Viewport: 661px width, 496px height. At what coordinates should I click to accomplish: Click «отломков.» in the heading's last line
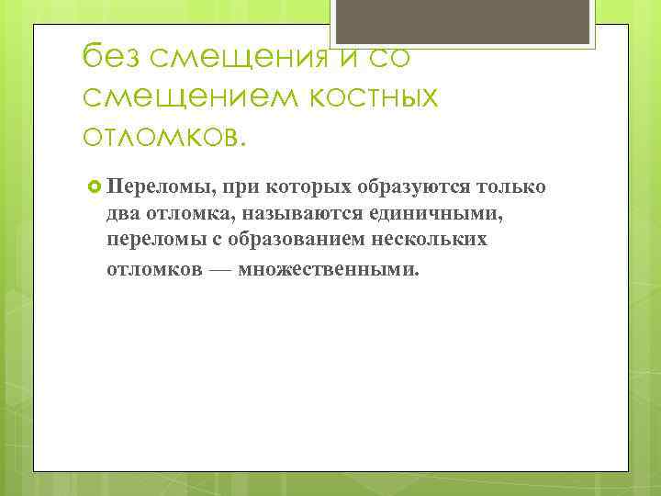(x=164, y=135)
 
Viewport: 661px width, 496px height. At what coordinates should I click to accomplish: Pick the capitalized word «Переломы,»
(x=151, y=187)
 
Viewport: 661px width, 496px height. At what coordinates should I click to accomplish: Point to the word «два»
(x=122, y=215)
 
